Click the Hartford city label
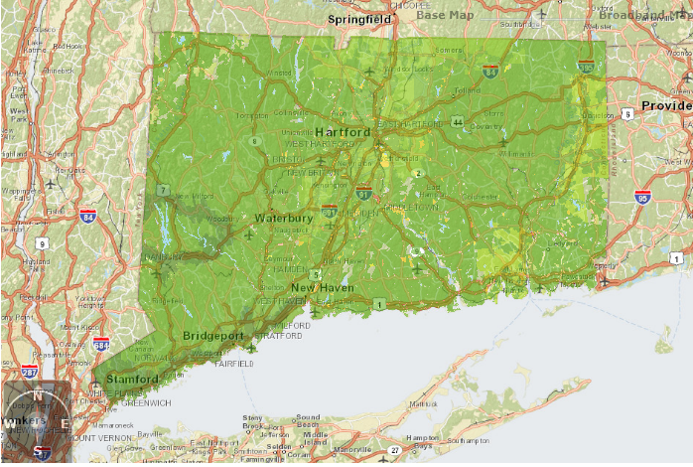point(344,132)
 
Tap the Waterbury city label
point(284,218)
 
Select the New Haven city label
point(323,287)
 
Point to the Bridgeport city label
point(214,336)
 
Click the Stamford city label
point(133,380)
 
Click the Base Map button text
point(446,15)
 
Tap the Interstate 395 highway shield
point(586,67)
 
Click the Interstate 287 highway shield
point(32,372)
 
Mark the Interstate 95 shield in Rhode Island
point(643,197)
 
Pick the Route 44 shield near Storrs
point(457,122)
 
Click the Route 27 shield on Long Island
point(395,450)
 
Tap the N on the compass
point(38,393)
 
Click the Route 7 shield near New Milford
point(163,189)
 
